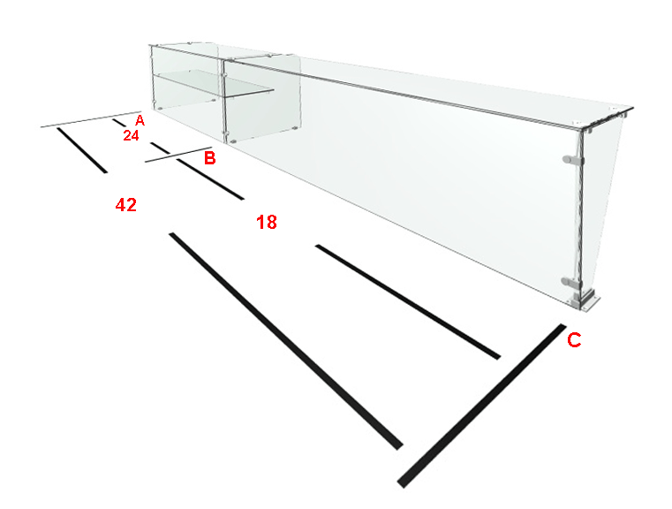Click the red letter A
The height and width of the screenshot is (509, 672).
(140, 120)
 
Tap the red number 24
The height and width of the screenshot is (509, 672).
(132, 135)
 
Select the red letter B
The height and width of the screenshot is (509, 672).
(209, 158)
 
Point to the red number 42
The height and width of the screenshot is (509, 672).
(126, 205)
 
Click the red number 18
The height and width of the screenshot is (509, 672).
(267, 222)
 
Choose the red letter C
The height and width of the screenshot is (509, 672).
(574, 340)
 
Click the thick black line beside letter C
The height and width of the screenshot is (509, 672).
(482, 406)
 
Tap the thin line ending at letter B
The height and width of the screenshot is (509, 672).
(178, 155)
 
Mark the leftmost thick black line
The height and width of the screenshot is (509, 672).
(82, 150)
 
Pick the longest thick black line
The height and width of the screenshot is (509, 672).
(286, 341)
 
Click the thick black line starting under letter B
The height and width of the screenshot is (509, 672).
(210, 179)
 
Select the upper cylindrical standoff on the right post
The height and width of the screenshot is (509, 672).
(572, 160)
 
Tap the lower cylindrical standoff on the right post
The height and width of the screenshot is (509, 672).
(571, 282)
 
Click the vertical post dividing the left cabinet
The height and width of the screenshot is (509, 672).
(223, 100)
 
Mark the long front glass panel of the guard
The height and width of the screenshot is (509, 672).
(398, 180)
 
